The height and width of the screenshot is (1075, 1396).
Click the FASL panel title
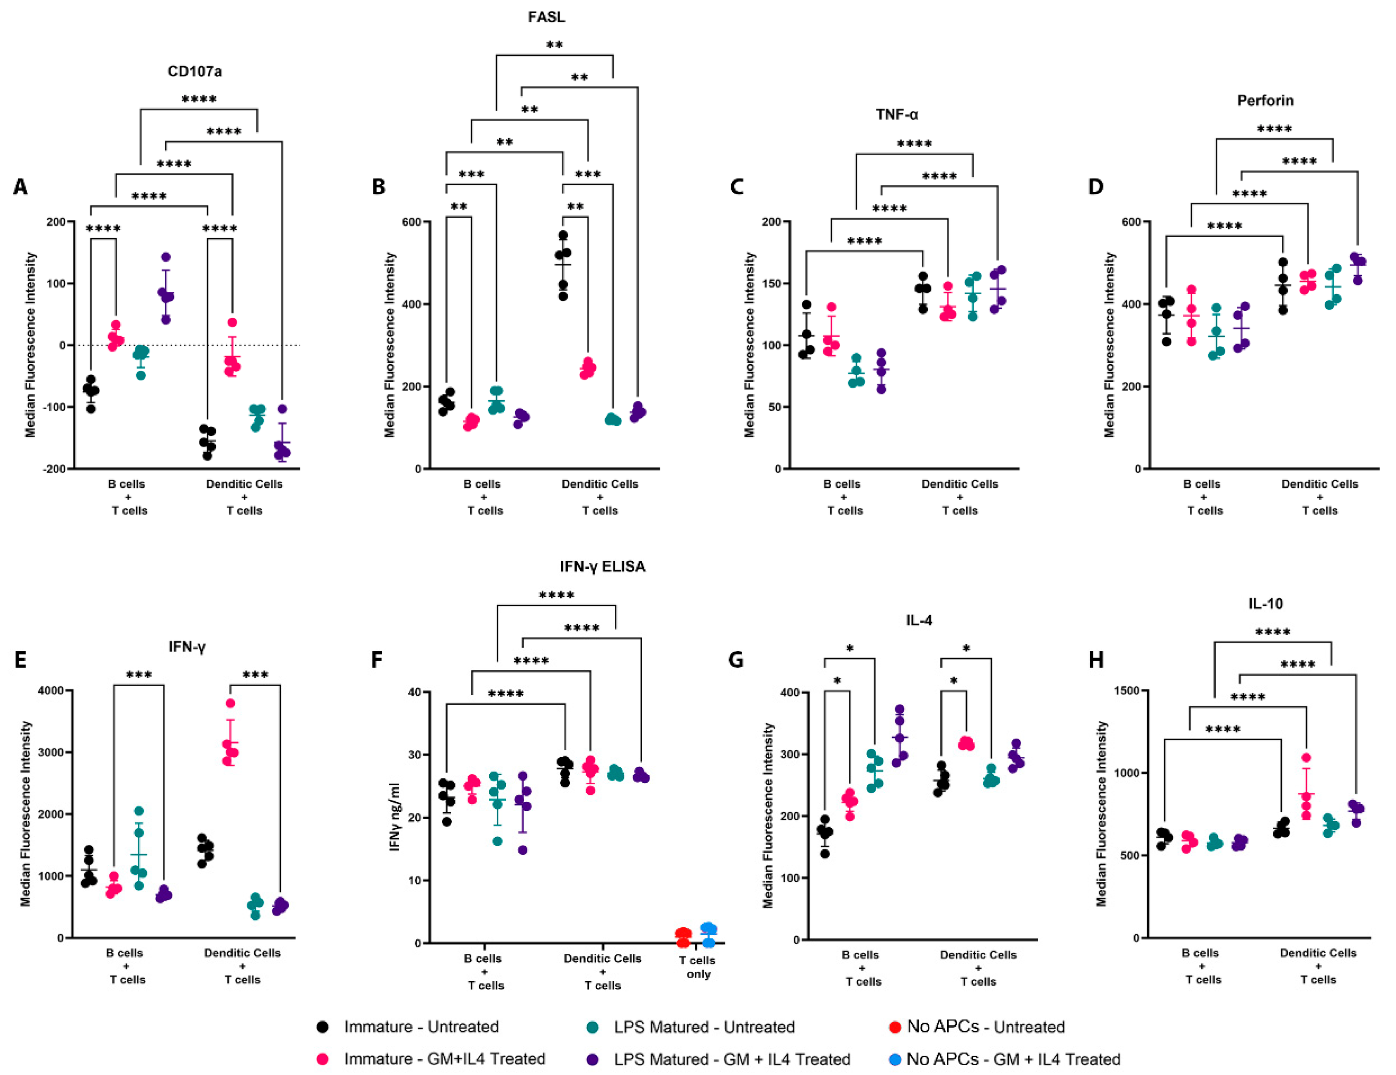546,17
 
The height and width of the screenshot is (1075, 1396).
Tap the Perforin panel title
1265,100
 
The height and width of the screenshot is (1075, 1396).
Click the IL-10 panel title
1265,603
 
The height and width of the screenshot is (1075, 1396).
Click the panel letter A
20,187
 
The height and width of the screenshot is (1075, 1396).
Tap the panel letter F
377,659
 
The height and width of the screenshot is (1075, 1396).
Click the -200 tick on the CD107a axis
54,468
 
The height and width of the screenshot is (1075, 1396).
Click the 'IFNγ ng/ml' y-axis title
394,816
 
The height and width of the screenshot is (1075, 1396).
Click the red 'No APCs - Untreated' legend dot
895,1027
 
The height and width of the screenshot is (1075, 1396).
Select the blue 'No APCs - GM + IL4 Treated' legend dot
895,1059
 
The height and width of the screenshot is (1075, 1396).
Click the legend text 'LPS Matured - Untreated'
704,1027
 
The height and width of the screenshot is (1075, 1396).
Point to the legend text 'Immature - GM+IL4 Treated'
444,1059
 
